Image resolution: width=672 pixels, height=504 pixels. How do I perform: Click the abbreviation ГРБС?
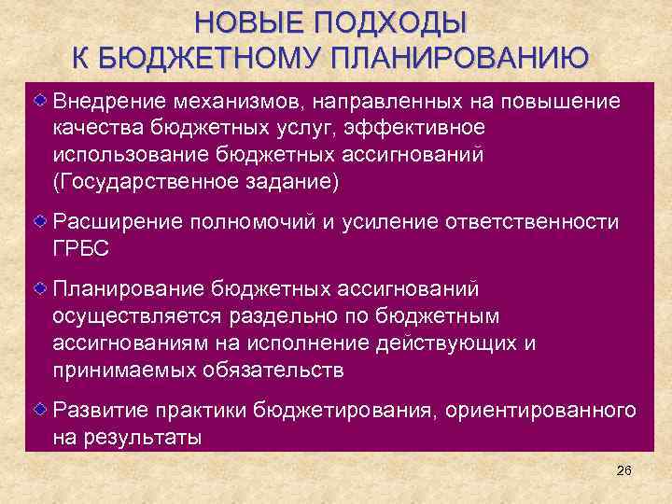click(x=81, y=249)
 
